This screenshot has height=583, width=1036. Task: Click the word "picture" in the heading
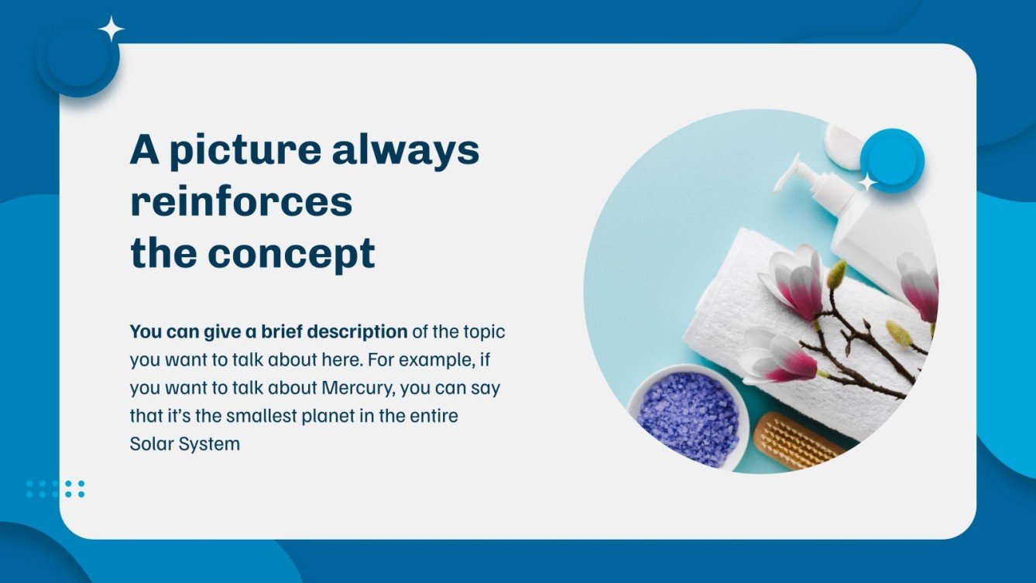click(x=245, y=151)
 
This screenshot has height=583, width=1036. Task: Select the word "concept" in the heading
click(x=291, y=254)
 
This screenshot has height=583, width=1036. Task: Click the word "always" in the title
click(x=406, y=151)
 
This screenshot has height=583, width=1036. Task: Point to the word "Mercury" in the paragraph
click(x=358, y=387)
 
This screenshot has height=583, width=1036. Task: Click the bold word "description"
click(x=357, y=332)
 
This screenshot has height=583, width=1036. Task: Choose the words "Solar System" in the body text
click(x=185, y=444)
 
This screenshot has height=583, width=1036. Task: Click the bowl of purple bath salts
click(x=688, y=418)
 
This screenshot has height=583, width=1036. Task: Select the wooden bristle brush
click(x=797, y=441)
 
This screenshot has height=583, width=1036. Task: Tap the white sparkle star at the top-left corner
click(x=111, y=29)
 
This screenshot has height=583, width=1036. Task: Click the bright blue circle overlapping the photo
click(x=892, y=160)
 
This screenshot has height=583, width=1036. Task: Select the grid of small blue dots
click(x=56, y=489)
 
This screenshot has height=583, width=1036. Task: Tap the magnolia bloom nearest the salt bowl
click(x=777, y=355)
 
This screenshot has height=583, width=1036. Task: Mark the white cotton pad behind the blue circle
click(x=842, y=144)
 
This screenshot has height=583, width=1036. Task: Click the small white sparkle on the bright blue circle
click(x=867, y=183)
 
